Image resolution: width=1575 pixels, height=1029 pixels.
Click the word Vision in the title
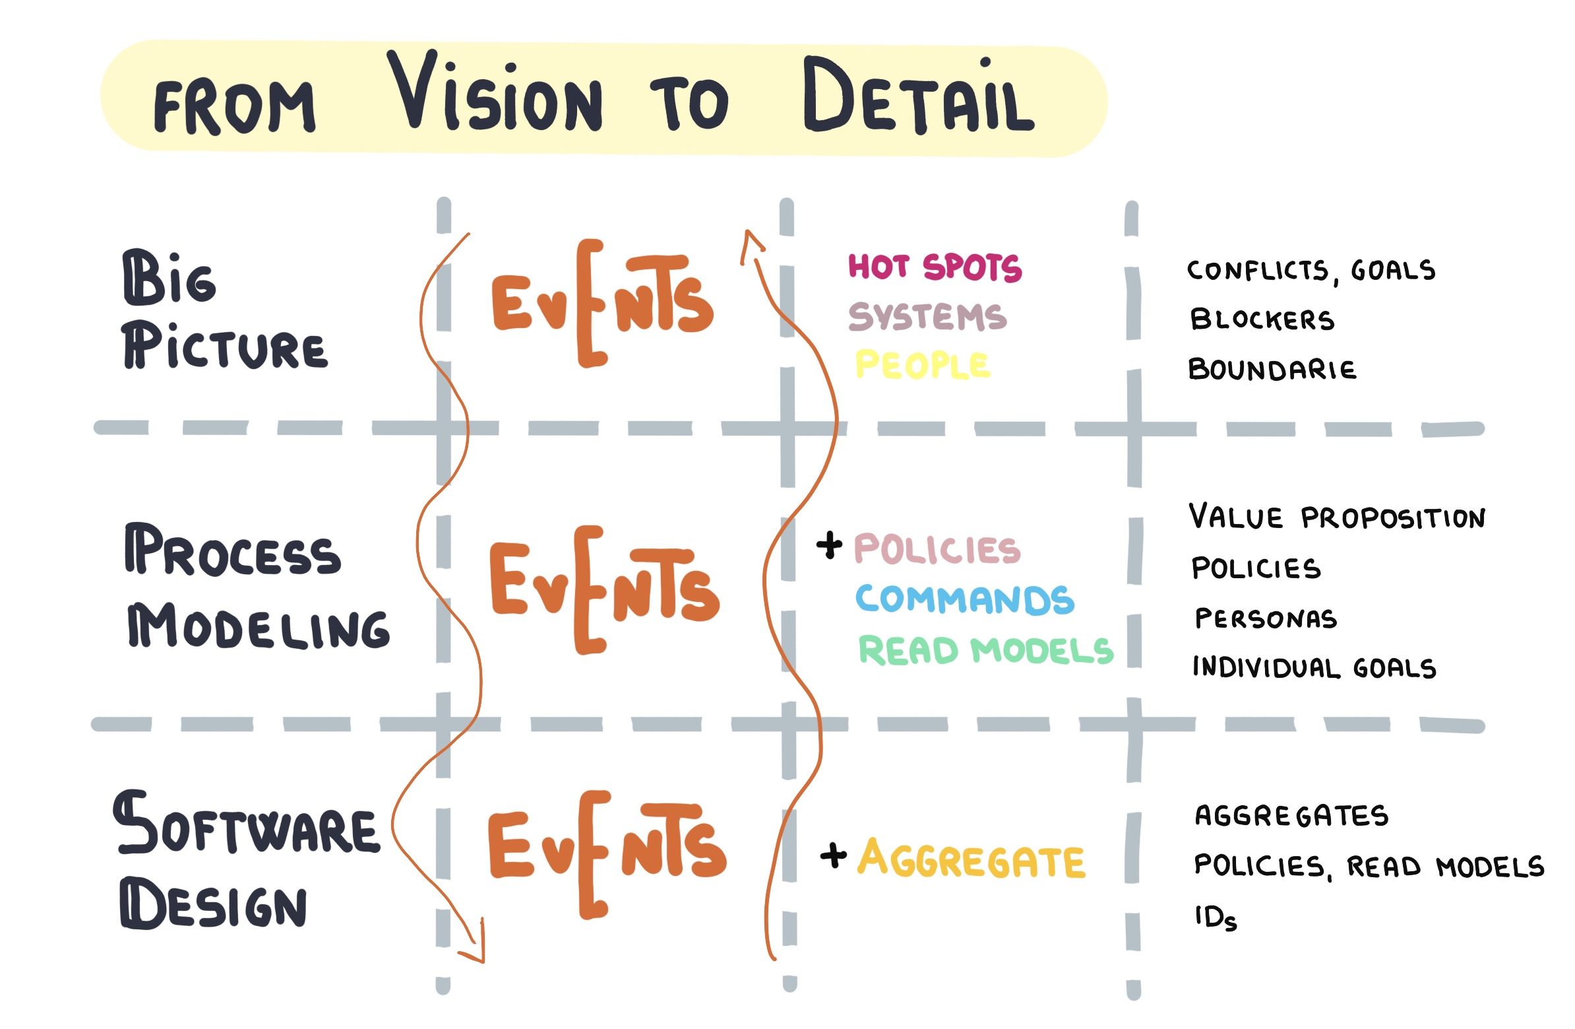click(x=495, y=92)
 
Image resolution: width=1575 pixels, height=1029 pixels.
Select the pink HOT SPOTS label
click(x=935, y=267)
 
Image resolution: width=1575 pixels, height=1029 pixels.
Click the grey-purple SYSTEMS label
click(x=927, y=317)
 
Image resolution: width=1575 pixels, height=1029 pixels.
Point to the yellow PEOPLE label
click(x=923, y=365)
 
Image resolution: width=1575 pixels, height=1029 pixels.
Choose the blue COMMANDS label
click(x=964, y=600)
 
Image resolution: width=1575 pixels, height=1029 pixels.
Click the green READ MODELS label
click(x=986, y=650)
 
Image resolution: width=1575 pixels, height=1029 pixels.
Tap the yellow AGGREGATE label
click(x=972, y=859)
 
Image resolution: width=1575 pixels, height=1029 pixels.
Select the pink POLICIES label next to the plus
click(x=937, y=550)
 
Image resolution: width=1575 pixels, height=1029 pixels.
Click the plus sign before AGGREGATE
click(x=833, y=855)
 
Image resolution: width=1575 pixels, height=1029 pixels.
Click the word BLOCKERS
click(x=1262, y=320)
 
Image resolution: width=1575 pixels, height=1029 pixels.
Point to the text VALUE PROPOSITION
click(x=1337, y=517)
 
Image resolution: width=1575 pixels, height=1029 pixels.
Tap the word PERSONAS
click(x=1265, y=618)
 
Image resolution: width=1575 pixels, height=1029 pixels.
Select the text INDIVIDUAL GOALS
click(x=1314, y=667)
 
